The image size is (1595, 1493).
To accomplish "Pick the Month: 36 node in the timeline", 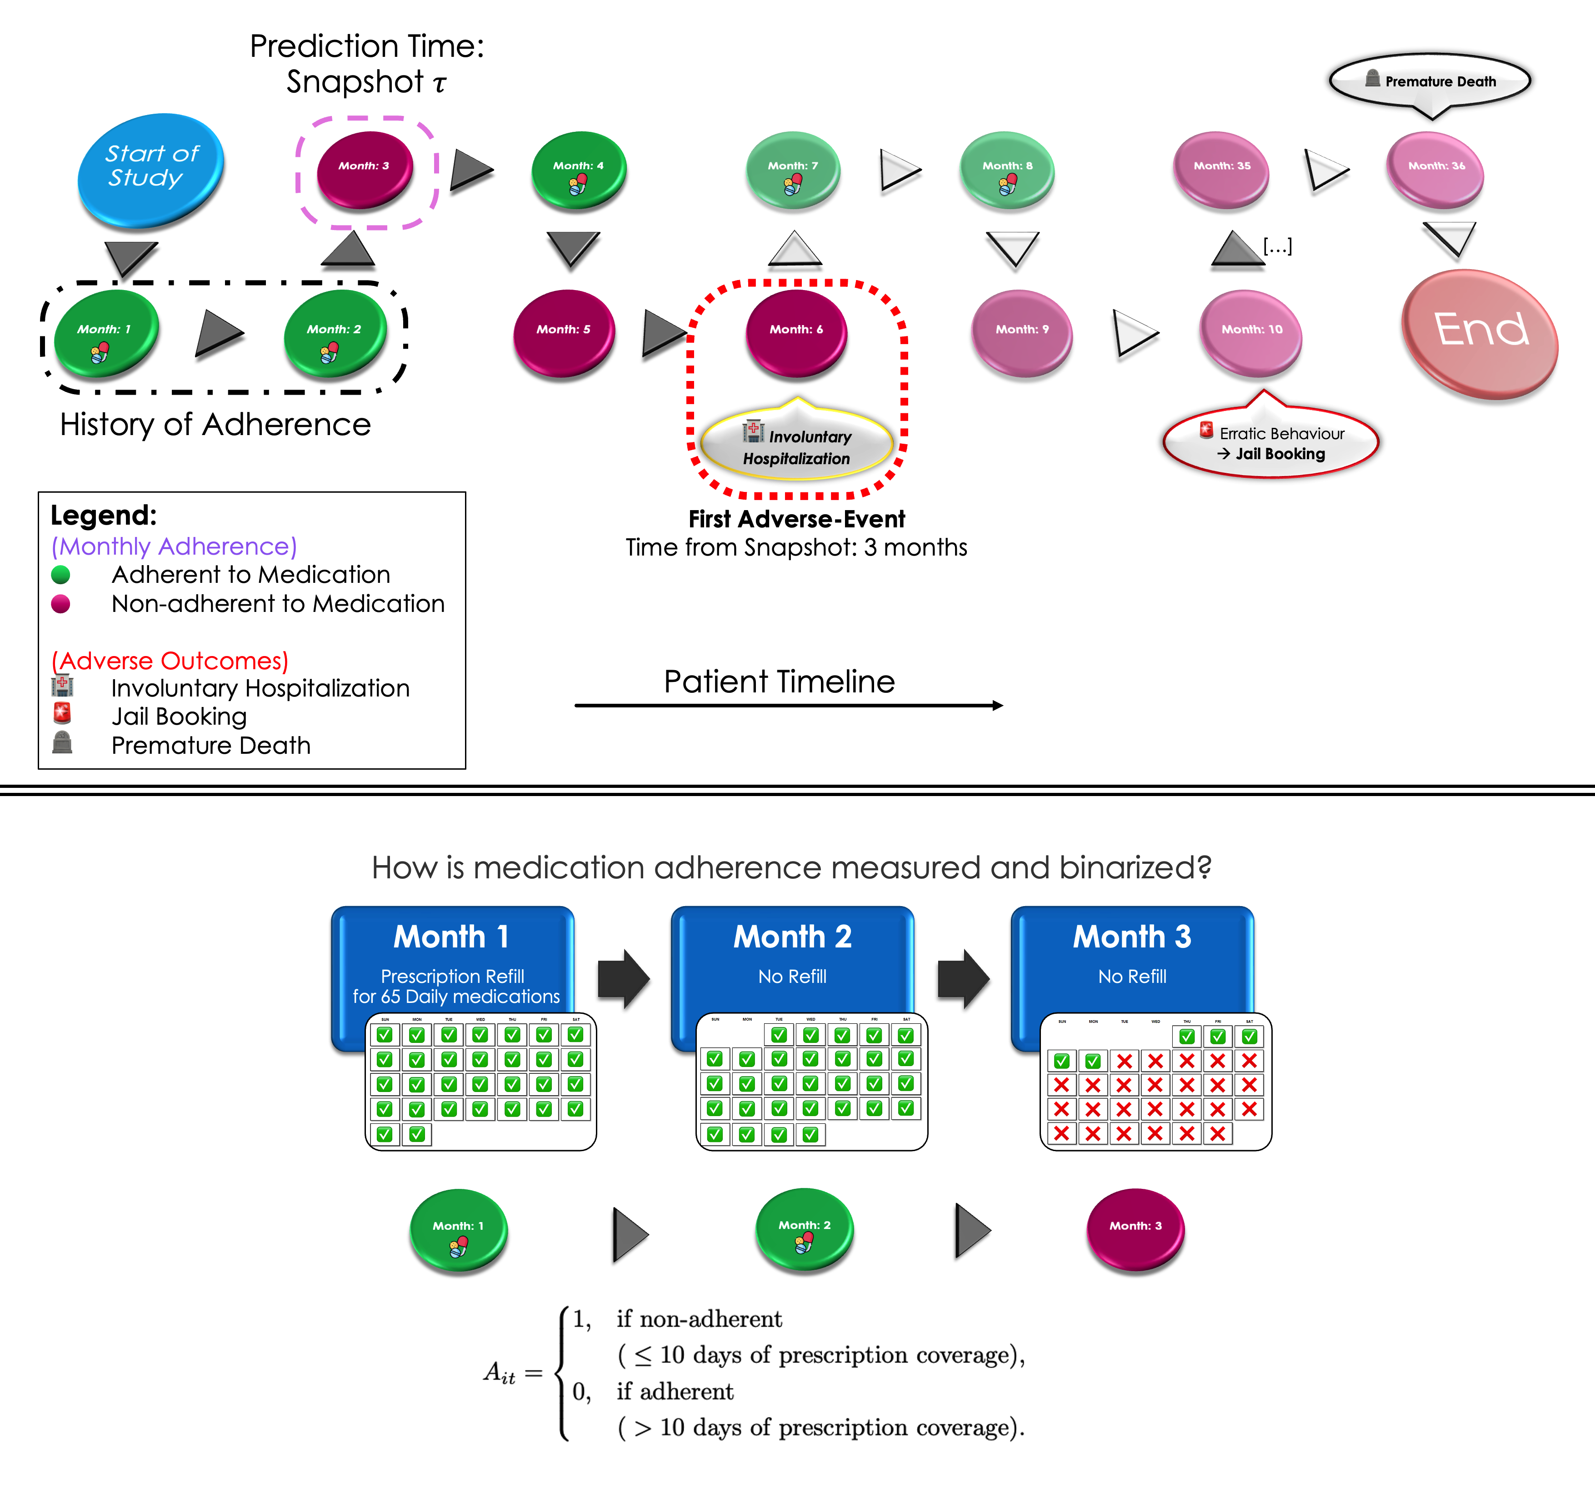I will click(x=1435, y=169).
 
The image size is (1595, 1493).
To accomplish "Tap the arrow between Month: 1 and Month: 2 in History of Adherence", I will click(x=218, y=333).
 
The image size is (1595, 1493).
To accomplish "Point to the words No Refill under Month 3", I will click(x=1132, y=977).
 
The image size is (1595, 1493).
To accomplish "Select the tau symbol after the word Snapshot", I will click(x=439, y=84).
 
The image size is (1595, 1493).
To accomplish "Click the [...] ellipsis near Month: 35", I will click(x=1277, y=246).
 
